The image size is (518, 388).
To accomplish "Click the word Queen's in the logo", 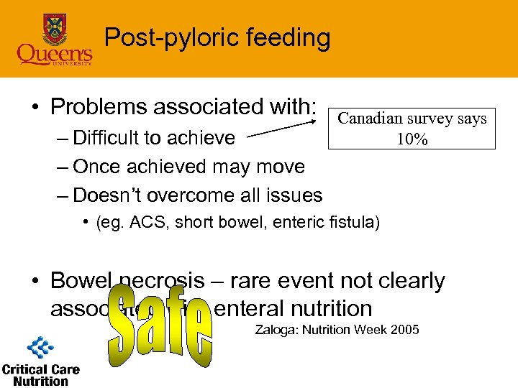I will coord(55,54).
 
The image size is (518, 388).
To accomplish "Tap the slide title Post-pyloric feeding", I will coord(217,37).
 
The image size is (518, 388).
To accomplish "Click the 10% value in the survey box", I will coord(412,139).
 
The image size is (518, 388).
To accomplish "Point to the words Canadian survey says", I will coord(412,119).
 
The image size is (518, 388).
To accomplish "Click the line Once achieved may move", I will coord(188,166).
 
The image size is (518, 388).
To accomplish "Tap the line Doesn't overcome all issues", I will coord(197,195).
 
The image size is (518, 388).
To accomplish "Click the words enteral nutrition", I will coord(294,308).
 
